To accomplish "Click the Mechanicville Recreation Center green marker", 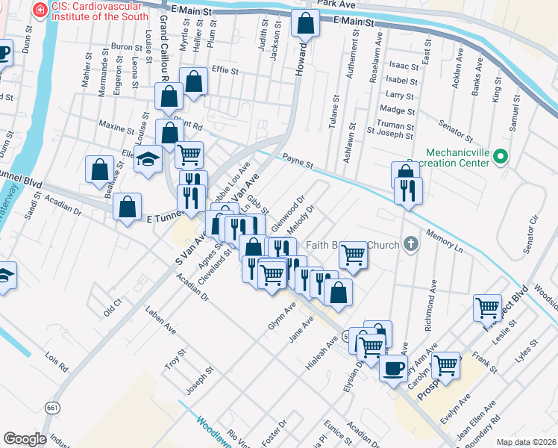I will tap(501, 157).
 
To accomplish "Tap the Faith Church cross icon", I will tap(410, 243).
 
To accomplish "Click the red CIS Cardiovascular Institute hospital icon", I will tap(37, 10).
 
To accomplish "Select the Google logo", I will tap(25, 439).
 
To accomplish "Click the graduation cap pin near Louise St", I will tap(148, 158).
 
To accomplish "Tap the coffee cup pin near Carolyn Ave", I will tap(393, 367).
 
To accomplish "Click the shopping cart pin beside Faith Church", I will tap(354, 255).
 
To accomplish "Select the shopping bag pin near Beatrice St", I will tap(99, 169).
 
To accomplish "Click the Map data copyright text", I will tap(526, 441).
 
